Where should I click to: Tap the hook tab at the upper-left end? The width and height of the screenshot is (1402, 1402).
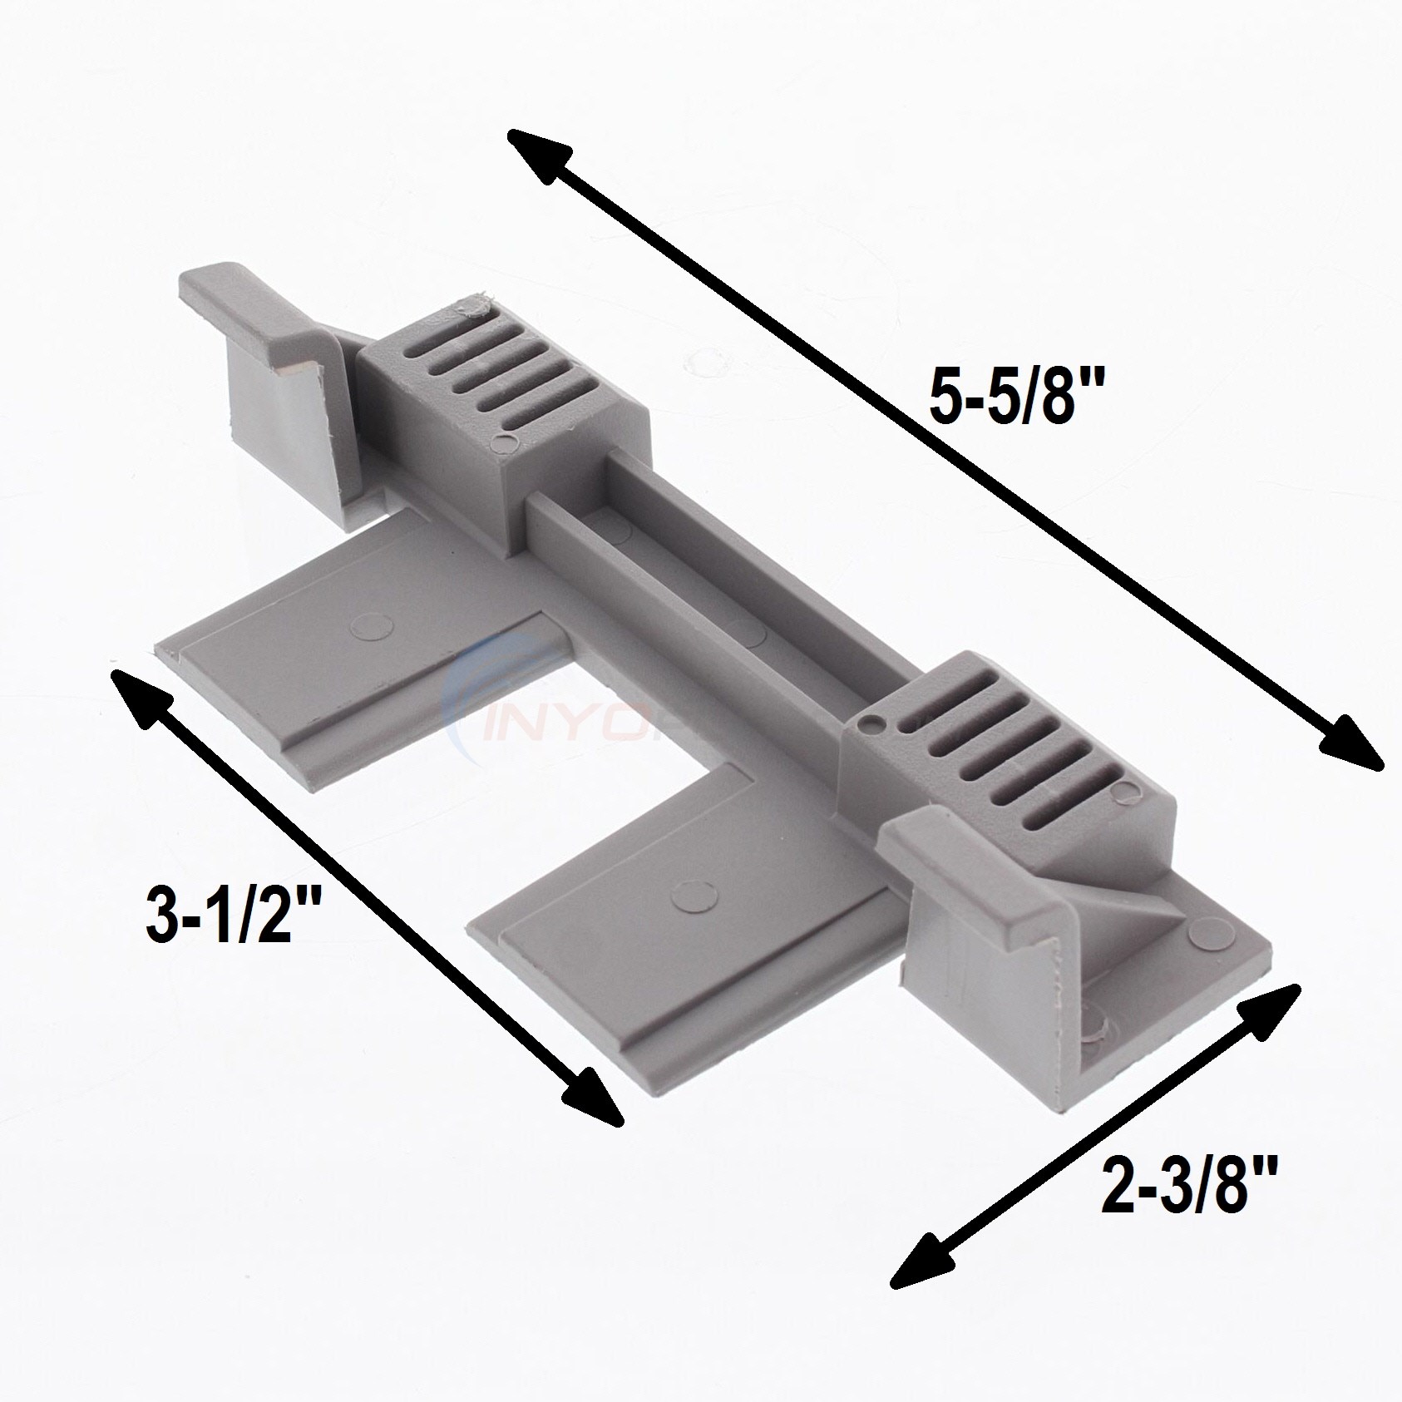[266, 349]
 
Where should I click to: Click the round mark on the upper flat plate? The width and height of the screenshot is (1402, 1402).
[364, 625]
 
